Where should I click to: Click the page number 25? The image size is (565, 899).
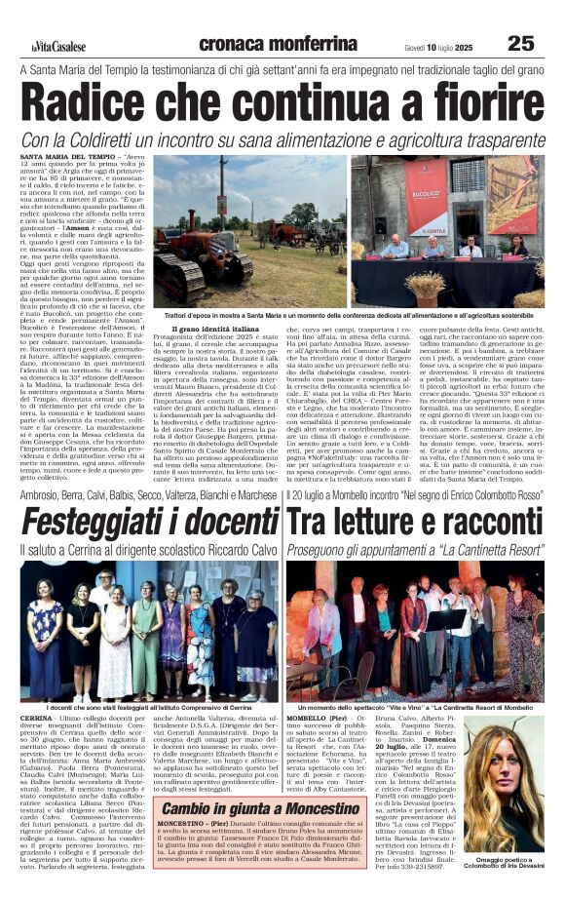tap(520, 43)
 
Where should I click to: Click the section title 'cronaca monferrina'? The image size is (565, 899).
tap(263, 44)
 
